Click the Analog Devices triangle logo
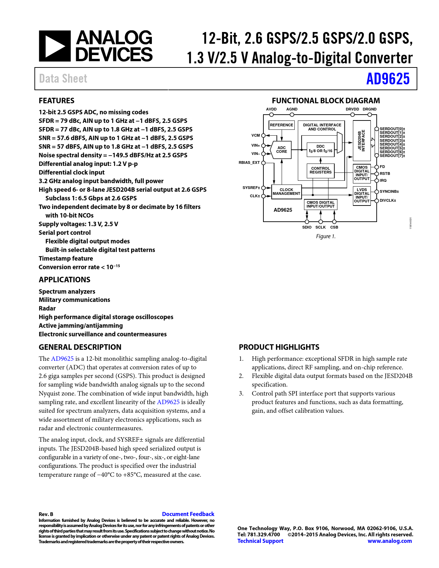tap(55, 46)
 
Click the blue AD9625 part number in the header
tap(388, 79)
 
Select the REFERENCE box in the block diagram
tap(281, 125)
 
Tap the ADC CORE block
tap(281, 150)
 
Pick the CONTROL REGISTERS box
tap(320, 170)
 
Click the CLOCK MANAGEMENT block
tap(286, 192)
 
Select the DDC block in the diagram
tap(320, 149)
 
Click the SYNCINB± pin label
tap(389, 191)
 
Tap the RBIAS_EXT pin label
tap(249, 162)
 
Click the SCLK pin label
tap(320, 227)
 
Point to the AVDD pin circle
tap(271, 115)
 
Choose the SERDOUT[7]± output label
tap(392, 156)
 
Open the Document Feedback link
tap(188, 514)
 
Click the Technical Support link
tap(260, 541)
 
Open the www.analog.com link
tap(389, 541)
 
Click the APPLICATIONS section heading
tap(64, 280)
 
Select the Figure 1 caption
tap(326, 236)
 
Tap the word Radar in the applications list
tap(47, 308)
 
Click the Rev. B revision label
tap(46, 514)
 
